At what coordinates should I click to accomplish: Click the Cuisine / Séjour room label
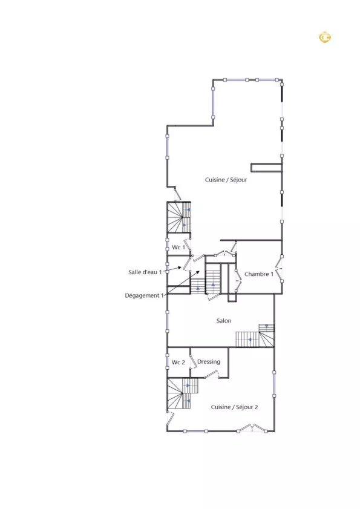tap(226, 180)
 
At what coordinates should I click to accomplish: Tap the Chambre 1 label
tap(259, 274)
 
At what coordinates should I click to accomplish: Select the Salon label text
tap(224, 321)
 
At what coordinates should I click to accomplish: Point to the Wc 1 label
tap(178, 248)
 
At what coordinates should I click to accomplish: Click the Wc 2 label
tap(178, 363)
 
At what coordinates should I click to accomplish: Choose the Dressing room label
tap(209, 362)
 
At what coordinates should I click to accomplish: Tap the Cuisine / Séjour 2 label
tap(234, 407)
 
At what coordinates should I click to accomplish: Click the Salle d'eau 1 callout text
tap(145, 272)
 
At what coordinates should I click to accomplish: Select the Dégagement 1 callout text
tap(144, 296)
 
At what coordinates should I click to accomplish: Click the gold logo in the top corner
tap(325, 38)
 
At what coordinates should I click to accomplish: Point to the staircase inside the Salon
tap(255, 336)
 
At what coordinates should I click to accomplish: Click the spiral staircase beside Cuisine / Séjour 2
tap(183, 394)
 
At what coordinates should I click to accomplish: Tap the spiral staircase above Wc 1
tap(178, 217)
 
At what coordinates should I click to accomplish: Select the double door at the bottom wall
tap(252, 428)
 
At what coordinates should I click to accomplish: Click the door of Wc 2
tap(194, 361)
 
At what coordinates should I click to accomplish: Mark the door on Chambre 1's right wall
tap(279, 269)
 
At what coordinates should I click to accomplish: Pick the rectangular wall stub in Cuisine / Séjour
tap(266, 168)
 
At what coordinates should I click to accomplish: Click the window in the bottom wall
tap(195, 431)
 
